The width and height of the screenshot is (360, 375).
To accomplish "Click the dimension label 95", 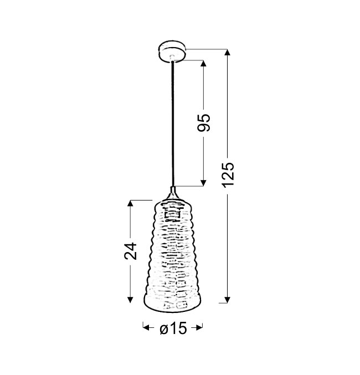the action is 204,122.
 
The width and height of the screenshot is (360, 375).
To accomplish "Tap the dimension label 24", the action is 130,251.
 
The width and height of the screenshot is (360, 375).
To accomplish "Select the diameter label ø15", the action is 173,328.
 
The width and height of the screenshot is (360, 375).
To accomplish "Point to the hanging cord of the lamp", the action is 172,124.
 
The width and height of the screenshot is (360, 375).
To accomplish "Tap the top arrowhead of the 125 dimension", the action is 228,53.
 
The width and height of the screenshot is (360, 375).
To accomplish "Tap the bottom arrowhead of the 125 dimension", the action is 228,299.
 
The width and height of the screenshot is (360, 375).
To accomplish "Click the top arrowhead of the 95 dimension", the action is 203,64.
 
